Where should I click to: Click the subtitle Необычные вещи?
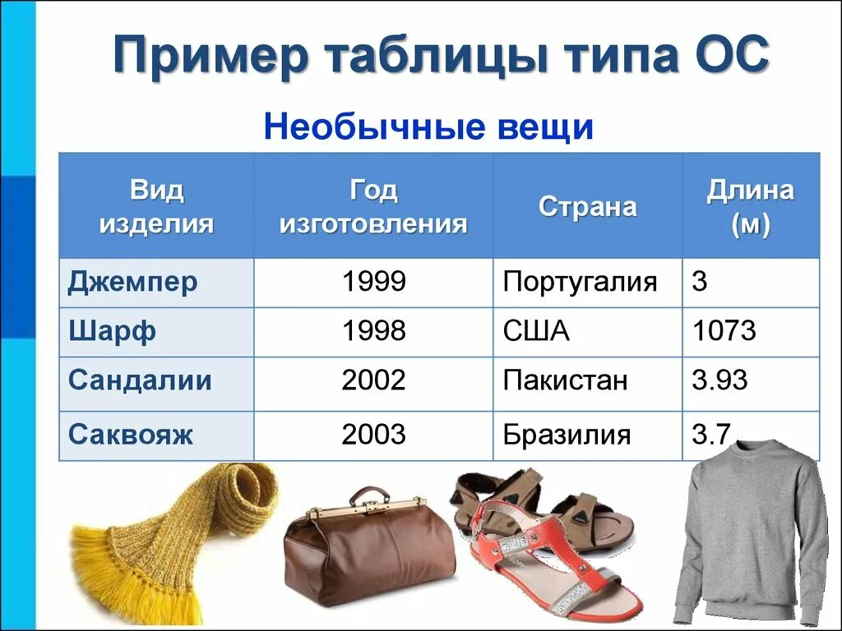coord(428,127)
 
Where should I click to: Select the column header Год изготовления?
coord(373,207)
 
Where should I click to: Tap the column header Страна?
coord(587,206)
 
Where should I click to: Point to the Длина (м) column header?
coord(750,207)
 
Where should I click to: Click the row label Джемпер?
coord(132,283)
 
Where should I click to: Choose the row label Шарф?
coord(112,332)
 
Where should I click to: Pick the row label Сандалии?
coord(140,380)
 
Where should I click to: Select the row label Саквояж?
coord(131,435)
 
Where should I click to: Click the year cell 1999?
coord(373,283)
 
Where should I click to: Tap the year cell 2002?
coord(373,380)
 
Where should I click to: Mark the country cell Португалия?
coord(580,283)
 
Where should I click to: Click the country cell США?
coord(535,332)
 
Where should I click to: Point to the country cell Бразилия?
coord(567,435)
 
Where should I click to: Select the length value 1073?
coord(724,332)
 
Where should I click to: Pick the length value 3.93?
coord(719,380)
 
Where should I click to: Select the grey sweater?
coord(748,534)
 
